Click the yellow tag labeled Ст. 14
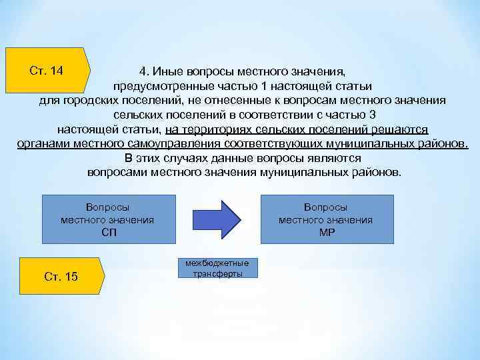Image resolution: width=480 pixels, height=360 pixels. coord(47,70)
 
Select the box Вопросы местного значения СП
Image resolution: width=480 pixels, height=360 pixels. coord(109,219)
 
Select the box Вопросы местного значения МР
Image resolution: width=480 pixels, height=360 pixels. coord(325,219)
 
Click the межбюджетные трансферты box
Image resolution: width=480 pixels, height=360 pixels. coord(217,267)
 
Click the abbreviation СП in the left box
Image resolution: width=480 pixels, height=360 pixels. coord(109,232)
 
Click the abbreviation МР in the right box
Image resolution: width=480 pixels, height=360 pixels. coord(325,232)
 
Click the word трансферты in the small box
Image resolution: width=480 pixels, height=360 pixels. coord(217,273)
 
